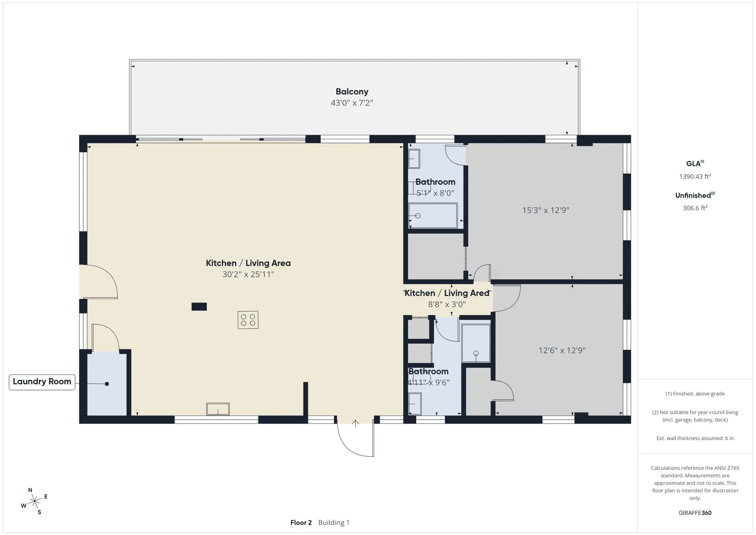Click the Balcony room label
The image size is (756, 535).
coord(352,92)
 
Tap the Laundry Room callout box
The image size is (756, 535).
coord(42,382)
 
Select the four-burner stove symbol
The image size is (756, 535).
coord(248,320)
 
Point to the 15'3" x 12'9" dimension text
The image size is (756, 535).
coord(546,210)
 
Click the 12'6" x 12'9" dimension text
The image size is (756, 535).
coord(562,350)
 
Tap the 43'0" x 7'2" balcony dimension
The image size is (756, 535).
coord(352,103)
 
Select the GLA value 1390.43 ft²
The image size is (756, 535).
coord(695,176)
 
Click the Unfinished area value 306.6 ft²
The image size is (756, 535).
coord(695,208)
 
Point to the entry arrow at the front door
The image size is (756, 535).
coord(355,424)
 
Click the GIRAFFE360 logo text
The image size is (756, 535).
coord(695,513)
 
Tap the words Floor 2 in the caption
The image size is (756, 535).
coord(301,523)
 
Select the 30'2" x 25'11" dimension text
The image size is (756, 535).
coord(248,274)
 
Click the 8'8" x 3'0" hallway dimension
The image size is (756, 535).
coord(447,304)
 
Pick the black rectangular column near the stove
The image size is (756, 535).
coord(199,307)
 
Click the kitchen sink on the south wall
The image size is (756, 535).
coord(218,409)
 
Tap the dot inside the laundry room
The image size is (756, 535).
coord(106,384)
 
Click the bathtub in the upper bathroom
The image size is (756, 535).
coord(433,215)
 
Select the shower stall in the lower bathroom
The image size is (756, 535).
coord(476,343)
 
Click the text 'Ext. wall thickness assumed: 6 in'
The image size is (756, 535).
coord(695,438)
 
